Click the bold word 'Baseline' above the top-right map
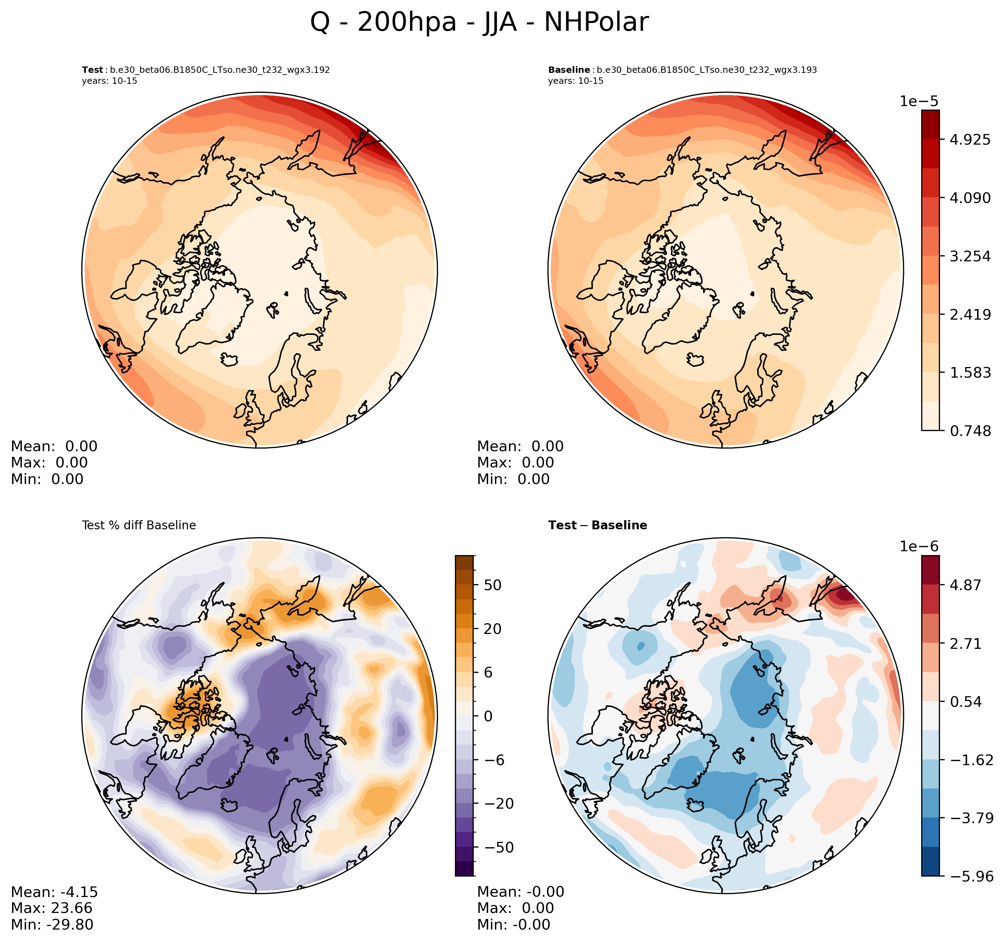(569, 70)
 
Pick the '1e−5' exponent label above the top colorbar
(918, 101)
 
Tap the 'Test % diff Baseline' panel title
(139, 525)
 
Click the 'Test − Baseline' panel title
(597, 525)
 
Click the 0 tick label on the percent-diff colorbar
(488, 716)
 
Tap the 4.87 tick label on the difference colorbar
(965, 585)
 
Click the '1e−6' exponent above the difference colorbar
(918, 547)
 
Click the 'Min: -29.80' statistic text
(52, 925)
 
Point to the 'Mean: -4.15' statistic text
(54, 892)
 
